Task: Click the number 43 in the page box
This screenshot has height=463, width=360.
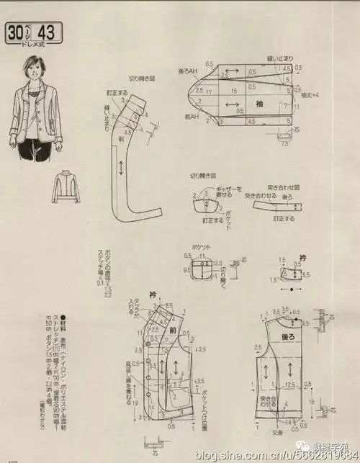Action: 48,33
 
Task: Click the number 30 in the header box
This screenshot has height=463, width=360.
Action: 17,33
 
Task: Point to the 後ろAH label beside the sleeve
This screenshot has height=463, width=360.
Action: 188,71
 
